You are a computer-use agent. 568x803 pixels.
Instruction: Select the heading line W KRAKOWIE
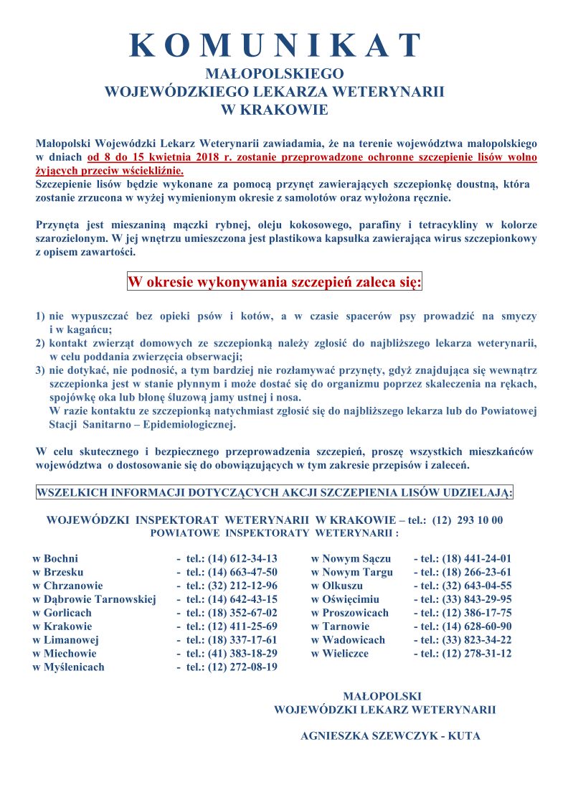coord(275,110)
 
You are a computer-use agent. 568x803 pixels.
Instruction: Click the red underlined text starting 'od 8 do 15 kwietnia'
coord(312,156)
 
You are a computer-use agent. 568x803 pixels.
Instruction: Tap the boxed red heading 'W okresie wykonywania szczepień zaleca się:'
coord(275,281)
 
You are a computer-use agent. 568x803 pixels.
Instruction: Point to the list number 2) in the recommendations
coord(40,344)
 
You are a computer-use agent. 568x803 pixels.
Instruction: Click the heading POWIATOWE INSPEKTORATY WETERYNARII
coord(275,533)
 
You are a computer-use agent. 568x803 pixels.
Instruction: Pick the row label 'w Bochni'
coord(56,558)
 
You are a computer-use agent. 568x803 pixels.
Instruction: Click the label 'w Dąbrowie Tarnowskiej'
coord(95,599)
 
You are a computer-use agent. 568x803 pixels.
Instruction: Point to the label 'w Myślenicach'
coord(69,667)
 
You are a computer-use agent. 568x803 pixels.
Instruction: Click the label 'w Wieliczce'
coord(340,653)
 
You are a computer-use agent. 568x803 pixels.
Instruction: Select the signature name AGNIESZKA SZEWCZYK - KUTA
coord(390,736)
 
